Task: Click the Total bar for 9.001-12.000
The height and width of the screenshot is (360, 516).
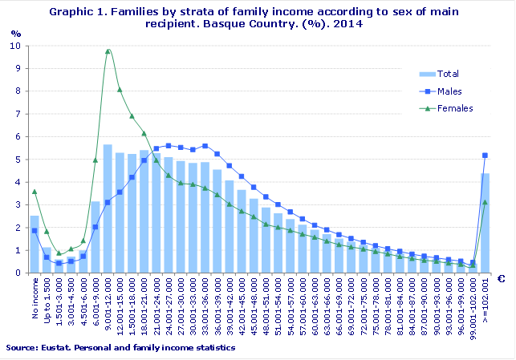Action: [108, 208]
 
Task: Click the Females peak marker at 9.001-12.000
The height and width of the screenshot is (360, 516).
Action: [108, 51]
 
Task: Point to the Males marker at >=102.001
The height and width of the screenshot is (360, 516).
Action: [485, 156]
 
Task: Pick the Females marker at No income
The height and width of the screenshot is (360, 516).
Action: [35, 191]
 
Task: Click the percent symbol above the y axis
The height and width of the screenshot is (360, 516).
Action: [17, 34]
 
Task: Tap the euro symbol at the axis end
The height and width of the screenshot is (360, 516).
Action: [501, 279]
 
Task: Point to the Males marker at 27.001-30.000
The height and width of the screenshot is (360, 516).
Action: [181, 148]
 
